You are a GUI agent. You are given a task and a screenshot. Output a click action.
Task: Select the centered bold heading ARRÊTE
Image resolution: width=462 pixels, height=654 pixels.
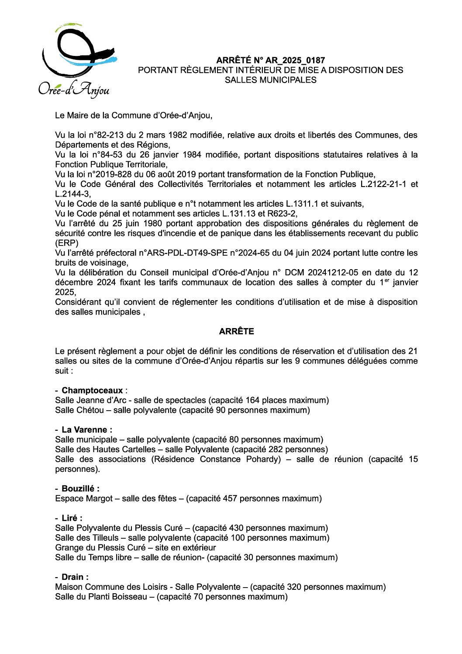(x=236, y=332)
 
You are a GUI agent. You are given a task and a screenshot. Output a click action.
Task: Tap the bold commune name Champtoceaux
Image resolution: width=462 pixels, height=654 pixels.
(x=92, y=391)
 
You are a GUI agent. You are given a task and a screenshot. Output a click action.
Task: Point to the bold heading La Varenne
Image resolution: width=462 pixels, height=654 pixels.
(x=86, y=430)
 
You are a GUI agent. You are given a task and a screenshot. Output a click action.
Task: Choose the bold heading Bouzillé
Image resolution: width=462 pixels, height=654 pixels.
(x=80, y=489)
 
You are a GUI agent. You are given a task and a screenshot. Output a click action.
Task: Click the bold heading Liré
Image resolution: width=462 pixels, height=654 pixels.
(x=71, y=518)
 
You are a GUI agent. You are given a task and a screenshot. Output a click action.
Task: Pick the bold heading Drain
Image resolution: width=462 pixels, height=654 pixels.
(x=74, y=577)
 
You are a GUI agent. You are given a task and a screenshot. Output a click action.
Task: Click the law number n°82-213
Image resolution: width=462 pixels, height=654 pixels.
(x=108, y=135)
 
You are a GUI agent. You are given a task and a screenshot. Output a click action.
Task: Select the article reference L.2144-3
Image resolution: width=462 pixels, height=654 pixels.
(x=72, y=194)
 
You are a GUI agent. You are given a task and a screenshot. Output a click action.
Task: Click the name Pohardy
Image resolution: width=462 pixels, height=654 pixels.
(x=262, y=459)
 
